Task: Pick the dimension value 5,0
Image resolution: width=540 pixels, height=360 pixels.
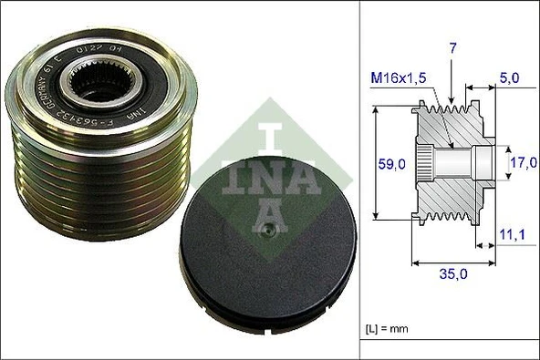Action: [510, 79]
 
